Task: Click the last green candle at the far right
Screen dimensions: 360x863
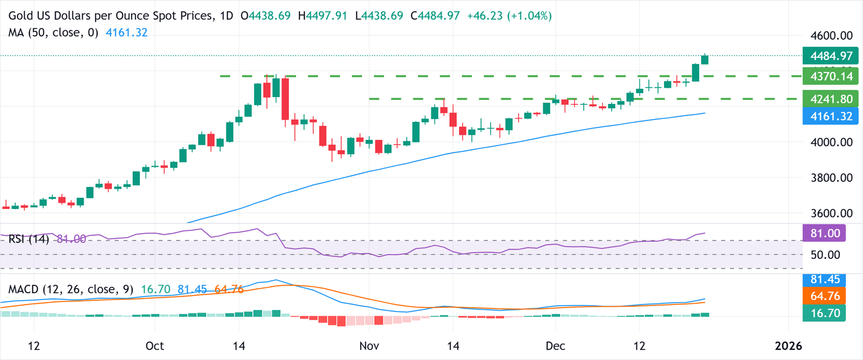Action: pos(705,60)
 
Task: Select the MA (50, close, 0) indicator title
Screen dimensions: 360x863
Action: pos(53,33)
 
